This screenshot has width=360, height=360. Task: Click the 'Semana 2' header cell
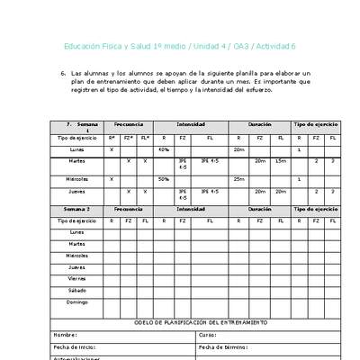click(76, 208)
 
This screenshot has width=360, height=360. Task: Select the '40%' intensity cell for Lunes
click(164, 149)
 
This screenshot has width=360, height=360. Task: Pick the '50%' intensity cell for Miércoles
click(164, 179)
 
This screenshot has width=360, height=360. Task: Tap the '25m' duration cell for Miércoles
click(238, 179)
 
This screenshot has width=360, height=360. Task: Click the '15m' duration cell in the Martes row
click(281, 160)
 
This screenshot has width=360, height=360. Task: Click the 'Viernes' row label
click(77, 279)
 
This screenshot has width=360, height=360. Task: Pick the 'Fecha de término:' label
click(223, 346)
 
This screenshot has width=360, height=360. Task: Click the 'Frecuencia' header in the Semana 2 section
click(128, 208)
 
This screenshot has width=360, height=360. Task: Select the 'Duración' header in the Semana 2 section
click(260, 208)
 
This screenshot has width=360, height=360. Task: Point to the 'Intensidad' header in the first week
click(190, 124)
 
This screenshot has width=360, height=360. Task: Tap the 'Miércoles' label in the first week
click(77, 179)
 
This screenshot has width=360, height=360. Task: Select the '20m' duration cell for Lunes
click(238, 149)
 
